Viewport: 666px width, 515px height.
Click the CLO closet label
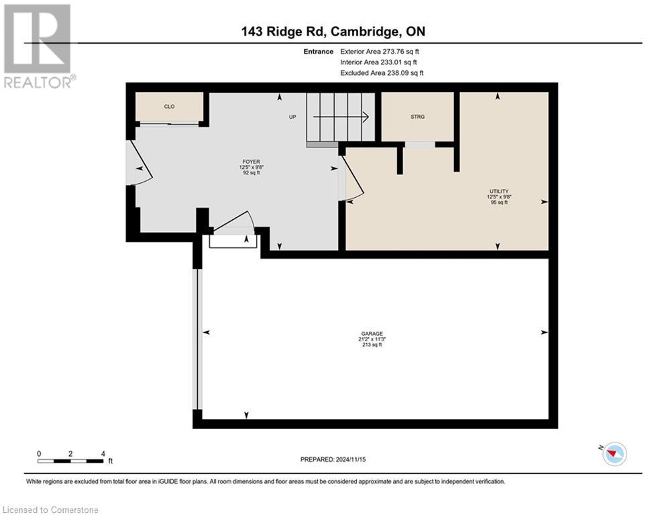click(169, 106)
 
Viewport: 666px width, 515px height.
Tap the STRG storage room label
click(417, 117)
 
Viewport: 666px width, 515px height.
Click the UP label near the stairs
click(292, 117)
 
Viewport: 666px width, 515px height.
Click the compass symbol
click(613, 454)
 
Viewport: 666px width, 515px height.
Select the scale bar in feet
click(70, 461)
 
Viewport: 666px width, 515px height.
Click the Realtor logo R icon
click(37, 39)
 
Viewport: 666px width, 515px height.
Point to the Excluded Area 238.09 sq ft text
click(382, 73)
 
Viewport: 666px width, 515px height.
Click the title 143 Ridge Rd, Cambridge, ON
click(333, 32)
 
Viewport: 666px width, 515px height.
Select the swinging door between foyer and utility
click(352, 178)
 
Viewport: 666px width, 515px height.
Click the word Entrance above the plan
click(317, 52)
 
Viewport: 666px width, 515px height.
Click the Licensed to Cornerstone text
click(50, 510)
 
